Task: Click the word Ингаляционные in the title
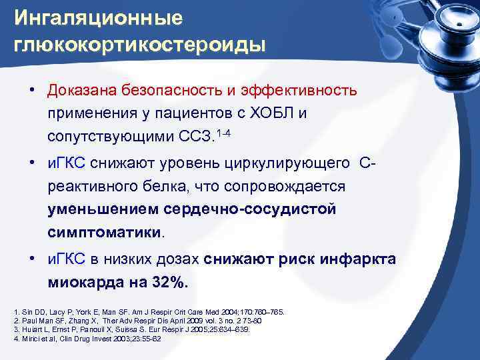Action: pyautogui.click(x=99, y=18)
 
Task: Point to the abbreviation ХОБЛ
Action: pyautogui.click(x=270, y=113)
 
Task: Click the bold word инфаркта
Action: pyautogui.click(x=359, y=259)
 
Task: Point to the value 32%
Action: pyautogui.click(x=167, y=283)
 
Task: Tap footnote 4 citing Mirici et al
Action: pyautogui.click(x=87, y=339)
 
